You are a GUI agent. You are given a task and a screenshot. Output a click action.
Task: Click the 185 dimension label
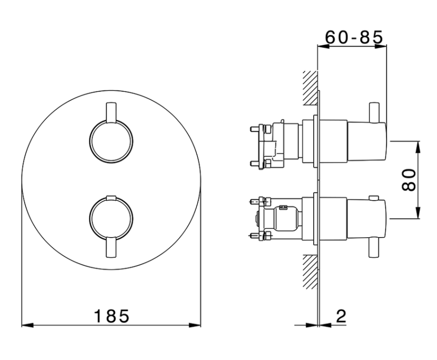pos(112,316)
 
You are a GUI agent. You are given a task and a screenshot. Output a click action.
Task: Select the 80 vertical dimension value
pos(409,180)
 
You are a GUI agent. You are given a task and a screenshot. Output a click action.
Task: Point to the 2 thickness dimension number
pos(341,316)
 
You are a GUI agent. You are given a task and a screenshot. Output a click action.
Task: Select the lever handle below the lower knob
pos(111,247)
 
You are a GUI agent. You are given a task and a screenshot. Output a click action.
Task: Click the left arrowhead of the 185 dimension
pos(27,325)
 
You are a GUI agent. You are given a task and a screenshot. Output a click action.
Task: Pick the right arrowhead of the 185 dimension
pos(195,325)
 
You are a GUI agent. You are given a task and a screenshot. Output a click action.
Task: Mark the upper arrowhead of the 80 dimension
pos(417,147)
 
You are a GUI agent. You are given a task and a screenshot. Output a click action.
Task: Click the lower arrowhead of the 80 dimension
pos(417,213)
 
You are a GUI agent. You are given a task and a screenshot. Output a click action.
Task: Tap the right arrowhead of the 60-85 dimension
pos(380,46)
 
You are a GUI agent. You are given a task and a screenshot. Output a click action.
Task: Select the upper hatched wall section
pos(310,88)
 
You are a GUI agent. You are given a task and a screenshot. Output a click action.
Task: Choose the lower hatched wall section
pos(310,272)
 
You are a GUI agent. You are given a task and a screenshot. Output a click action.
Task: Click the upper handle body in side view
pos(367,141)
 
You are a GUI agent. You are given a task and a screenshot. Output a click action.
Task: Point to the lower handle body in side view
pos(367,219)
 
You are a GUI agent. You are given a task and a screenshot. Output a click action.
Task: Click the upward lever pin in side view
pos(373,113)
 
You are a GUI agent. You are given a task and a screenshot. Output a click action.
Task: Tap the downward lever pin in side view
pos(373,248)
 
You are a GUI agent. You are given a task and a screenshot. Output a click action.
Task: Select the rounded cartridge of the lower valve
pos(287,219)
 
